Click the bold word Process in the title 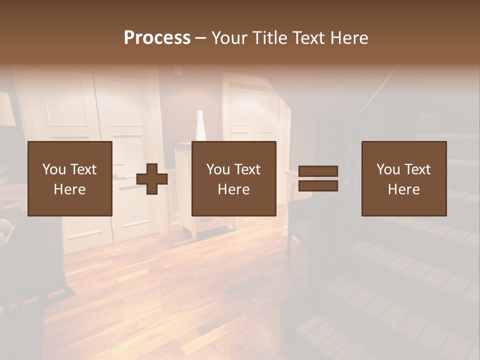pos(157,38)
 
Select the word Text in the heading pos(311,38)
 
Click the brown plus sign pos(152,178)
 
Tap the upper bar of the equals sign pos(318,171)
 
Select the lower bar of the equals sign pos(318,186)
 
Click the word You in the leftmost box pos(54,169)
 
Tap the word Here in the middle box pos(233,189)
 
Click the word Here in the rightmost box pos(404,189)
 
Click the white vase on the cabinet pos(200,125)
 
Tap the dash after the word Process pos(200,38)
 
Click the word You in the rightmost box pos(388,169)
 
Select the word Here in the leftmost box pos(69,189)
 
